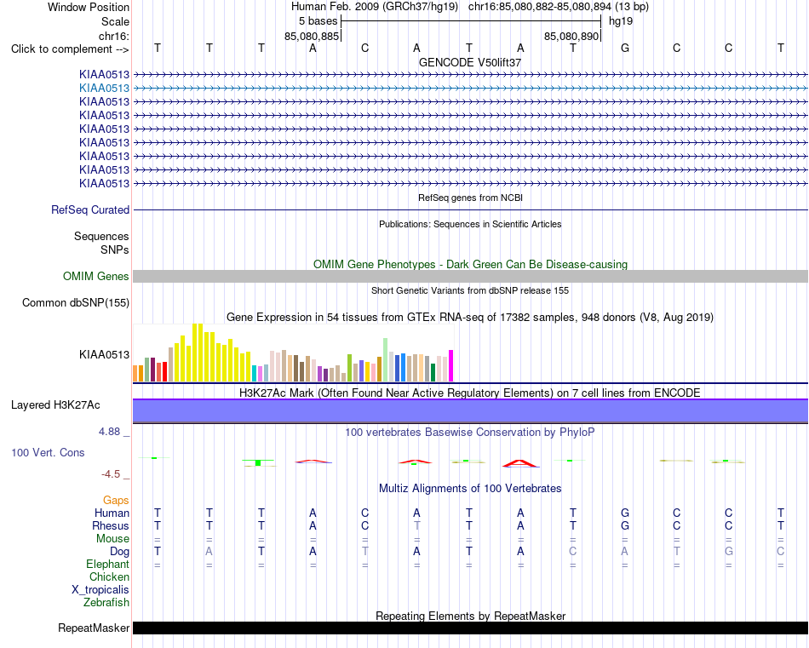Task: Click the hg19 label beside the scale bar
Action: click(621, 21)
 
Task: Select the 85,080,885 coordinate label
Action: click(312, 36)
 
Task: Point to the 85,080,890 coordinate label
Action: click(571, 36)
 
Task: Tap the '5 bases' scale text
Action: click(318, 21)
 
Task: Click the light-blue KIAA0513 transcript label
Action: click(104, 89)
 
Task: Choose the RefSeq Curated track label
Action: click(90, 210)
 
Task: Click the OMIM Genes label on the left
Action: click(96, 276)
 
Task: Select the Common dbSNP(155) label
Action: click(76, 303)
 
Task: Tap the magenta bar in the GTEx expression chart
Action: click(451, 366)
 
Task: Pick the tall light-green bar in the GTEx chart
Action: click(386, 360)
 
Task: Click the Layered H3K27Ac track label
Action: click(55, 405)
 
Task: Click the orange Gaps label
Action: click(116, 501)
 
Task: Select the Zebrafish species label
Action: click(106, 603)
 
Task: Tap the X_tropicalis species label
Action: click(100, 590)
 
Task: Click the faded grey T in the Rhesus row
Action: click(417, 525)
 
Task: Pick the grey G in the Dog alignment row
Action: click(728, 552)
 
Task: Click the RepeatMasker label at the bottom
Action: click(94, 628)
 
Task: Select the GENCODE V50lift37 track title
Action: click(470, 62)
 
